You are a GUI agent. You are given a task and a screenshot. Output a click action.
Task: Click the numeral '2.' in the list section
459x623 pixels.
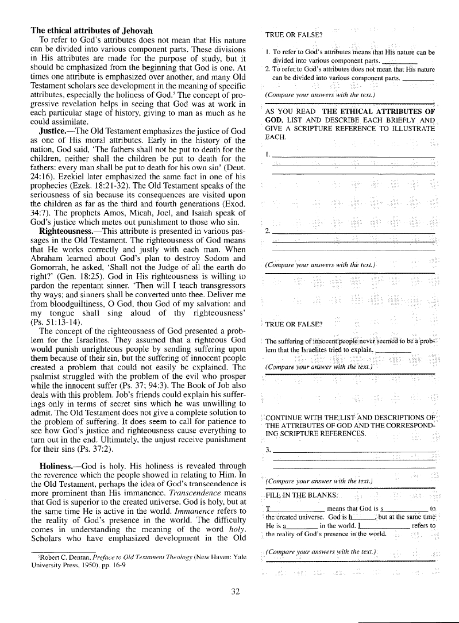tap(268, 232)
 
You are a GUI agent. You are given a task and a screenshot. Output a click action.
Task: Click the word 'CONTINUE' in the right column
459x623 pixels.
tap(286, 417)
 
